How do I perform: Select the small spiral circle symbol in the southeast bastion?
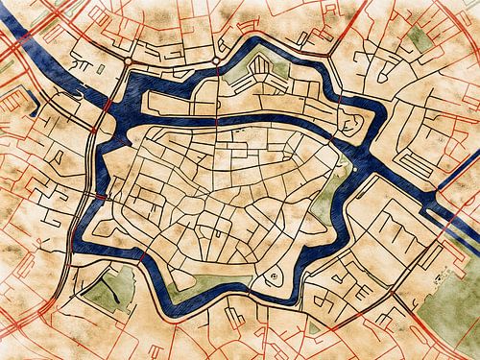273,277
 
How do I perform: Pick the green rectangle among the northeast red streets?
419,41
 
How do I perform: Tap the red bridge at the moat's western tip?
95,197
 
